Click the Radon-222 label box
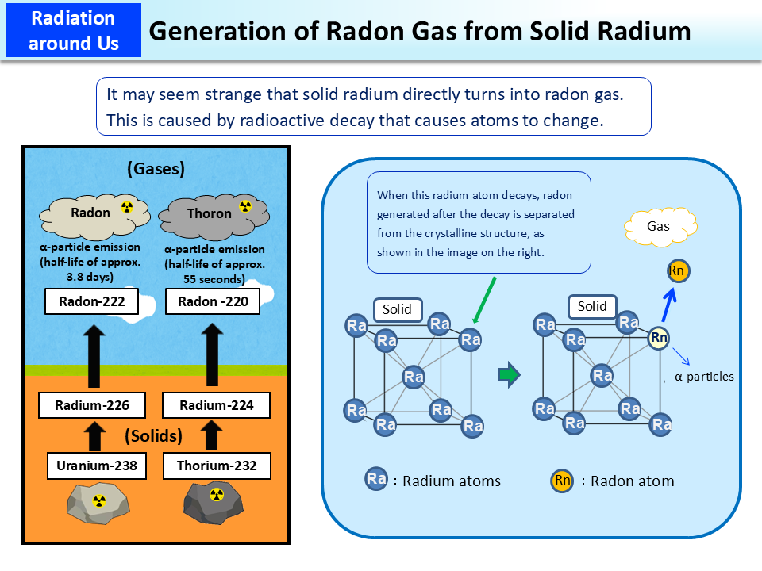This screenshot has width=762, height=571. (92, 301)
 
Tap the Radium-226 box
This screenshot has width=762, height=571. (92, 405)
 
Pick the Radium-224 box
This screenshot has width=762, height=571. (217, 405)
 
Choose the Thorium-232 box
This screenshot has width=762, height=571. (217, 466)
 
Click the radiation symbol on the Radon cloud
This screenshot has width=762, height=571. (126, 208)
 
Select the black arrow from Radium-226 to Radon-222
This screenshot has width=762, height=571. (94, 356)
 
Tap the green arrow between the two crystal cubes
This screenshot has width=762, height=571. (508, 374)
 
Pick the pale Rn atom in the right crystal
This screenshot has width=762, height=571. (659, 338)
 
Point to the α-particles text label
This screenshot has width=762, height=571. (704, 377)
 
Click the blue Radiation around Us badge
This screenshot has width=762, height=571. (72, 30)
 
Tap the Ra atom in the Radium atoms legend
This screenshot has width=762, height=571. (376, 479)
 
